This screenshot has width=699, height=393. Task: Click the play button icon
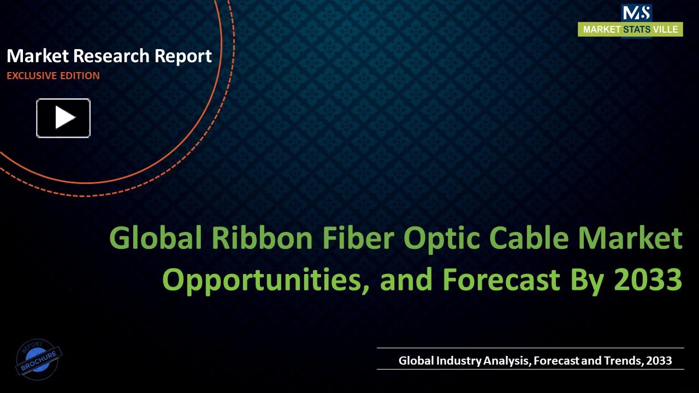(63, 118)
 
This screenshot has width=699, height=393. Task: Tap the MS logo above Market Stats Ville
(636, 12)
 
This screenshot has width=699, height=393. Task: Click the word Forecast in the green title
(501, 279)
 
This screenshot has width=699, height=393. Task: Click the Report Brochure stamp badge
(38, 359)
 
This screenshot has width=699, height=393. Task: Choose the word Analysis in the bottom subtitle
(507, 361)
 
